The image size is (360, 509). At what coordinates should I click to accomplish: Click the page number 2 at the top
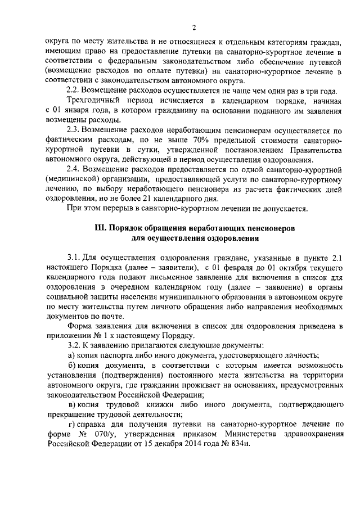[193, 28]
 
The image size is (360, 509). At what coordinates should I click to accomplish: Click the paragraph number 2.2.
[74, 91]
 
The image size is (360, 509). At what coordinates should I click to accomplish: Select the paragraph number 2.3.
[74, 131]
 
